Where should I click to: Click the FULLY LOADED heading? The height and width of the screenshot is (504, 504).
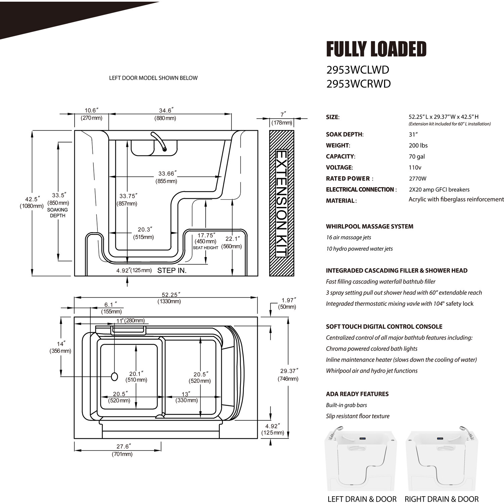click(x=376, y=49)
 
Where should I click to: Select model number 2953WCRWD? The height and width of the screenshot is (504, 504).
click(x=359, y=84)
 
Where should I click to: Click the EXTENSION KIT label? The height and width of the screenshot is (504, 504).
click(x=281, y=203)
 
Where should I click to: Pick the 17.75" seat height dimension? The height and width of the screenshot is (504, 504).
click(x=206, y=236)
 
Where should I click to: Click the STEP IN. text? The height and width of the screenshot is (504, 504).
click(x=172, y=270)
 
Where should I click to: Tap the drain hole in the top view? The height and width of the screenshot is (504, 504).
click(x=114, y=377)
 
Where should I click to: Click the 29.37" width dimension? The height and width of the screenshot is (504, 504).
click(x=289, y=371)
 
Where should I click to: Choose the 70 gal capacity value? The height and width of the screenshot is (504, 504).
click(x=417, y=157)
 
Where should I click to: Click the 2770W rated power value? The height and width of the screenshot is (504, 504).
click(x=418, y=179)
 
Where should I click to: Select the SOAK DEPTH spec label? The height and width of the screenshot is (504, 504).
click(x=344, y=134)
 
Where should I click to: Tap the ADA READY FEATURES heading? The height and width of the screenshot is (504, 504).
click(x=357, y=394)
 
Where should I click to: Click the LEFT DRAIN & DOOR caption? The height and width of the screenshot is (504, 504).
click(x=362, y=499)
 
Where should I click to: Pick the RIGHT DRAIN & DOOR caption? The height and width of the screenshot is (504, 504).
click(x=441, y=499)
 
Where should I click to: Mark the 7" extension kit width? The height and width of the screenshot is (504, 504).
click(x=282, y=115)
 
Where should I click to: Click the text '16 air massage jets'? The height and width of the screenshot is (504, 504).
click(x=348, y=238)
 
